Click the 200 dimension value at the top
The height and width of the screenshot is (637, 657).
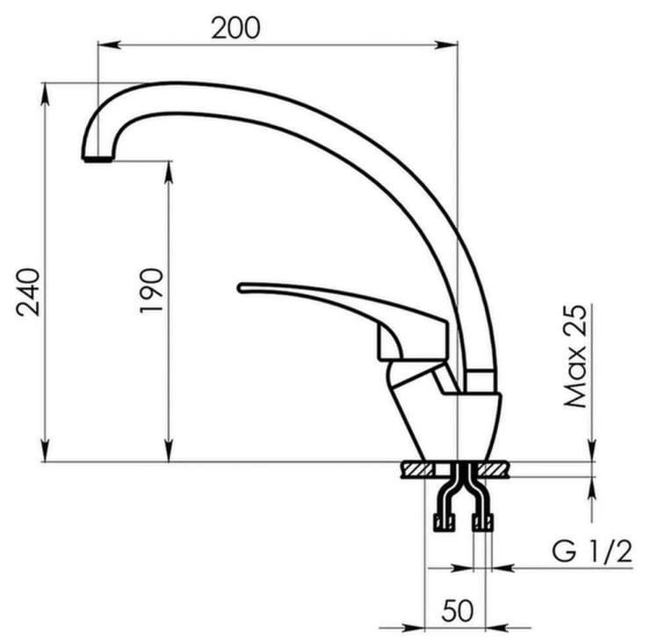click(235, 27)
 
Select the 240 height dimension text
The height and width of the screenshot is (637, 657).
click(28, 292)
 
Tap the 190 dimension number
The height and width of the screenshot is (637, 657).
click(151, 292)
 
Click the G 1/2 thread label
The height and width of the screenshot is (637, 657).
click(591, 552)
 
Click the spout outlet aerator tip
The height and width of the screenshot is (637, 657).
click(97, 159)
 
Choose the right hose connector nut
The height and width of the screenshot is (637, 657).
click(482, 524)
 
